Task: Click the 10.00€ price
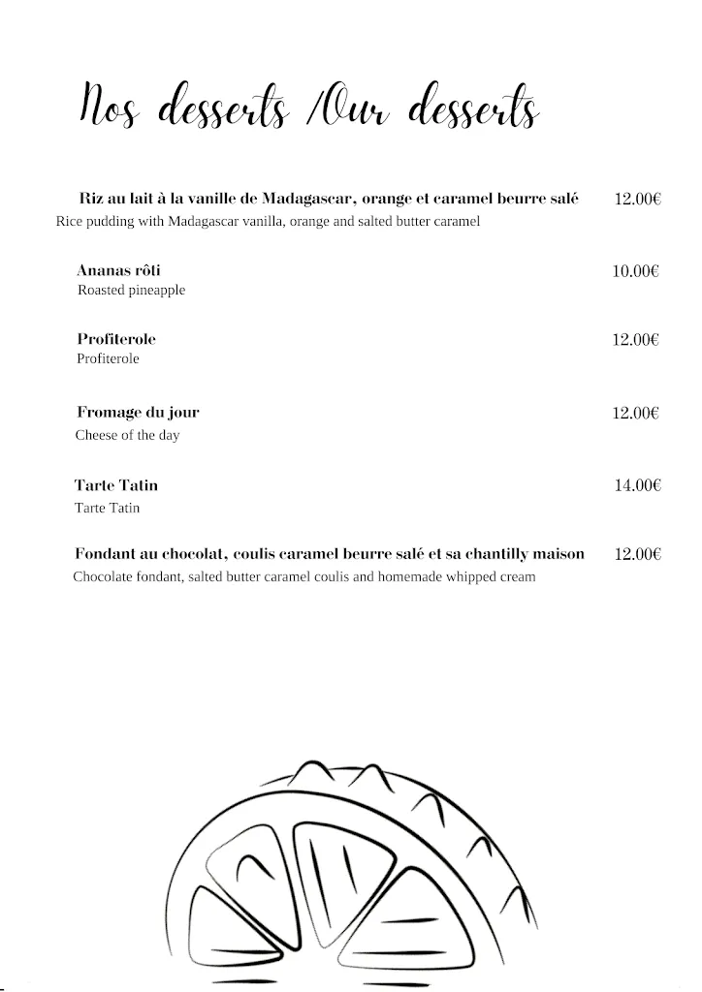click(x=635, y=271)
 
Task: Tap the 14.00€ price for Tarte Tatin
click(x=637, y=485)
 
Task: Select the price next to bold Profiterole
click(x=635, y=340)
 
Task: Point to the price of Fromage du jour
click(x=635, y=414)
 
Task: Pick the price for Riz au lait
click(x=637, y=200)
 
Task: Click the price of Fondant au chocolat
click(x=637, y=554)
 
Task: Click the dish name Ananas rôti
click(x=118, y=270)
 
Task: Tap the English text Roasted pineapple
click(x=131, y=291)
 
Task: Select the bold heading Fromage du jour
click(x=138, y=413)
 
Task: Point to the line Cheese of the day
click(x=127, y=436)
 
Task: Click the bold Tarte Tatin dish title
click(x=115, y=485)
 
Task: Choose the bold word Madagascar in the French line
click(x=309, y=199)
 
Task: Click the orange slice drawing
click(x=359, y=877)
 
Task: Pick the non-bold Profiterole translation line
click(x=108, y=359)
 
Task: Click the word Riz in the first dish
click(x=90, y=199)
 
